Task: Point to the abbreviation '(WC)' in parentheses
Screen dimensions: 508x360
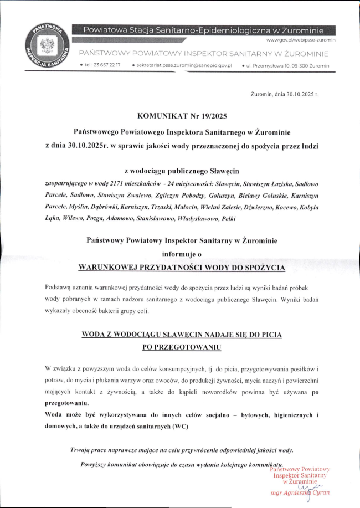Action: (179, 427)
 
